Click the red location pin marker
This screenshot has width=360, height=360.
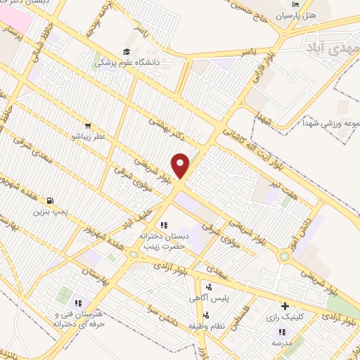point(181,165)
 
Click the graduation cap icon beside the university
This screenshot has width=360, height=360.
point(127,51)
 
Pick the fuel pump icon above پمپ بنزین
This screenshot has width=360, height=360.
point(51,200)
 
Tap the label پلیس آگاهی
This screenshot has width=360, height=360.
point(208,298)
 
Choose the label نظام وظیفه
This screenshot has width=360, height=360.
point(205,327)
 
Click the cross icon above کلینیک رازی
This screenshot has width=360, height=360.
point(285,307)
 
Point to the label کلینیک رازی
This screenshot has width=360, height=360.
point(284,318)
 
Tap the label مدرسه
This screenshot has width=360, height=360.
point(283,342)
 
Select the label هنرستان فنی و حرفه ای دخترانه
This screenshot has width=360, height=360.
point(79,320)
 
